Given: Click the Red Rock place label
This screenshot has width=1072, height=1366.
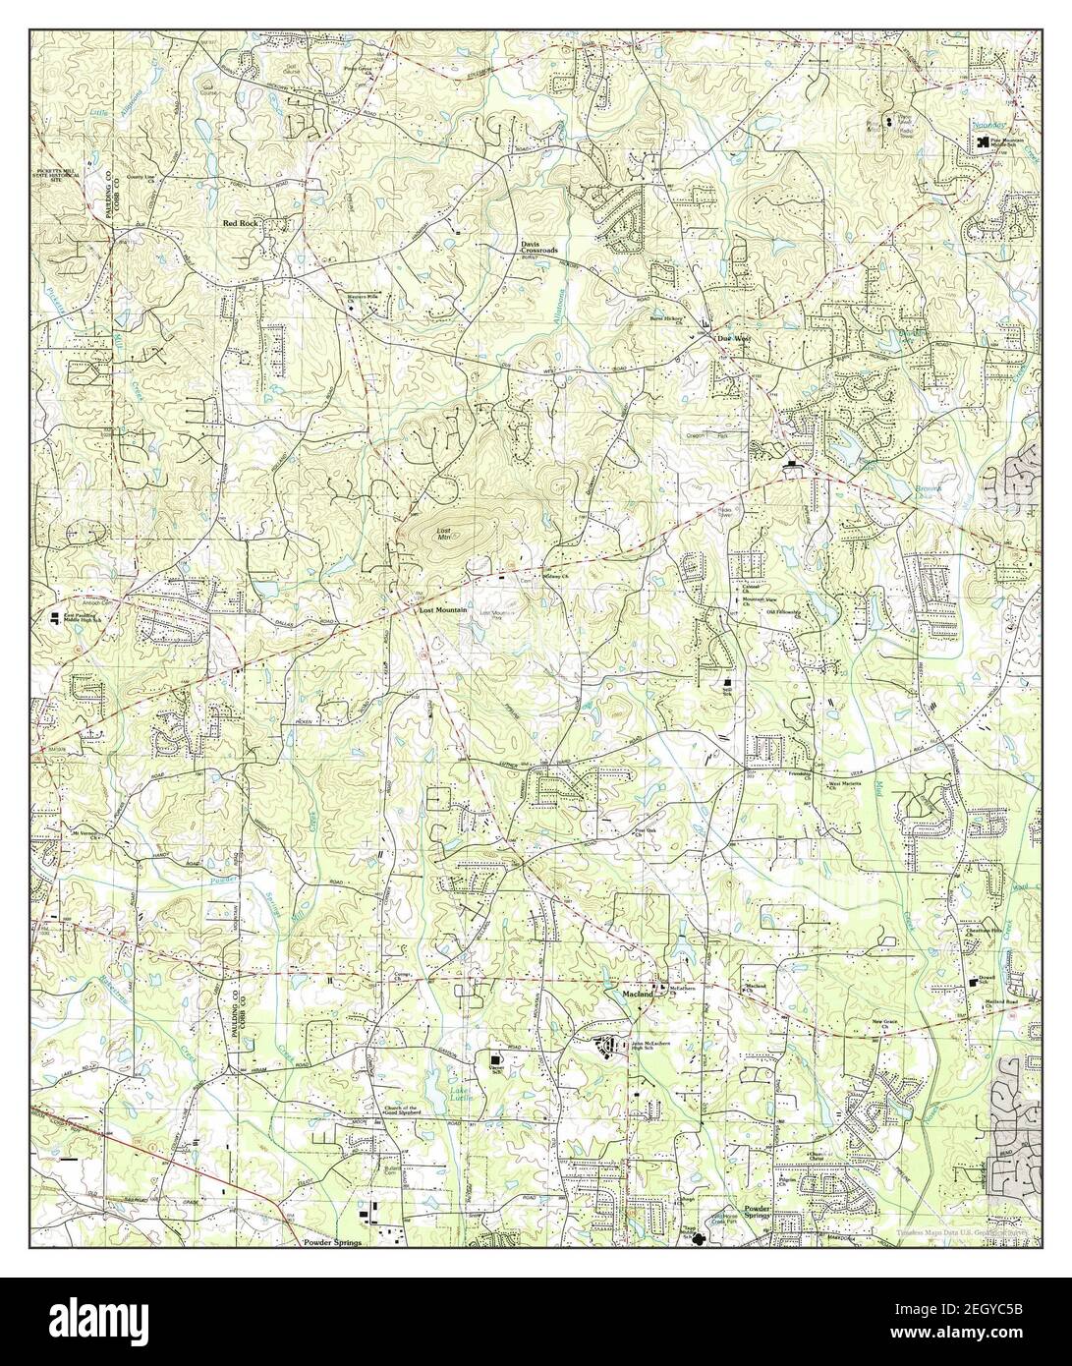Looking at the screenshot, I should coord(241,224).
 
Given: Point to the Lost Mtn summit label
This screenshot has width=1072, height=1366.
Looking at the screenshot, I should coord(444,534).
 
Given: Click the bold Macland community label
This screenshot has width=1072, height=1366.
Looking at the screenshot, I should coord(639,994).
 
